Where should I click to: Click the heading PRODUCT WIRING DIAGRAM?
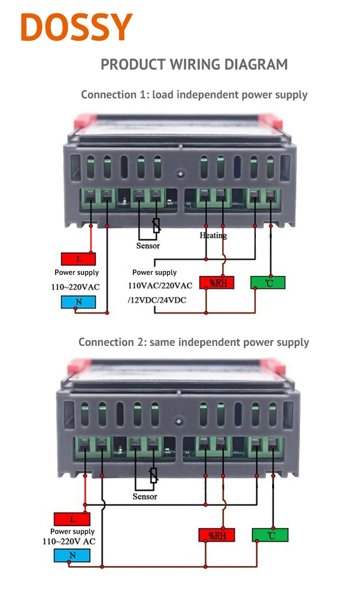(194, 64)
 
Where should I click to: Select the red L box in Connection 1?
(78, 259)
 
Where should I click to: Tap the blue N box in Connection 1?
(78, 302)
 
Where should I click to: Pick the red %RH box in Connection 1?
(216, 283)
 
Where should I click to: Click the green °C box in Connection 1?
(268, 283)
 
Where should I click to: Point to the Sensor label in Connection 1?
(148, 246)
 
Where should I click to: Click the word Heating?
(213, 235)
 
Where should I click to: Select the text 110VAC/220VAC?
(160, 286)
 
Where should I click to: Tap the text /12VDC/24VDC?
(157, 300)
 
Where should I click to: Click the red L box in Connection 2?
(72, 519)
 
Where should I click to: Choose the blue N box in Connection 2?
(72, 556)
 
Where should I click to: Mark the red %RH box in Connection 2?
(217, 535)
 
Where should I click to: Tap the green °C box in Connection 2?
(270, 535)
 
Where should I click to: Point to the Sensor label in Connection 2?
(144, 497)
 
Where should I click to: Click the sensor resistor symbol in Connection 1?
(156, 225)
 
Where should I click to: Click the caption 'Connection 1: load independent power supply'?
(194, 95)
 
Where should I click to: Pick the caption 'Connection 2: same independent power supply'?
(193, 342)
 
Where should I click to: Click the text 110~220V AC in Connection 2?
(69, 542)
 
